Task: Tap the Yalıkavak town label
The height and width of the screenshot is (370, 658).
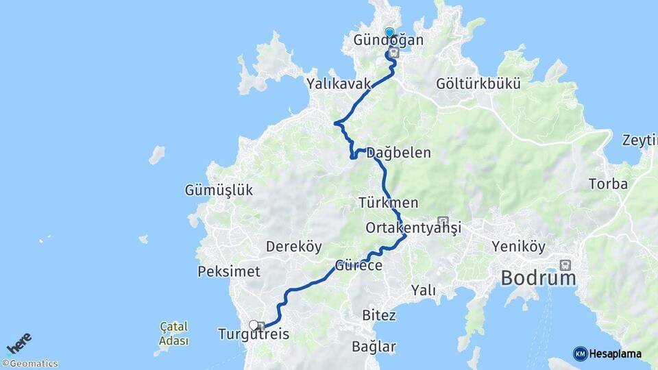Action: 339,84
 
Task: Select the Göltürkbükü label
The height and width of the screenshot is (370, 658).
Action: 478,84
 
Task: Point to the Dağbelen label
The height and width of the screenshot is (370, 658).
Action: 398,153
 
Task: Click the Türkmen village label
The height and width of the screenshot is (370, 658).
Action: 388,203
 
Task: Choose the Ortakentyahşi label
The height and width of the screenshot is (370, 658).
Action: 413,227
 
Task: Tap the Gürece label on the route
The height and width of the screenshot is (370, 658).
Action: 358,265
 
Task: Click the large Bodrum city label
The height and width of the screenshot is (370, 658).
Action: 538,278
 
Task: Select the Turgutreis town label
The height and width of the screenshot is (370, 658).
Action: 253,335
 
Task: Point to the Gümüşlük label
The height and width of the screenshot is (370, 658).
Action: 219,190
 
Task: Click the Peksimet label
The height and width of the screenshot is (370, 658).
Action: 229,271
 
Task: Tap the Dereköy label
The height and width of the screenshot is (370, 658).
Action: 293,246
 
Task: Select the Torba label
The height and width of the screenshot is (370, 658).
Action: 608,185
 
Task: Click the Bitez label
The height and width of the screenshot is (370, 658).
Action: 378,315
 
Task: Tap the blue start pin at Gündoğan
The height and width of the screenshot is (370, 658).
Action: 389,32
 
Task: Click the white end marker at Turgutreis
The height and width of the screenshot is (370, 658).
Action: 254,325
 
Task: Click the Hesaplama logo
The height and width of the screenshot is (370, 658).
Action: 607,354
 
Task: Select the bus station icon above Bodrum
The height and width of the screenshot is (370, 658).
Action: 565,264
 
